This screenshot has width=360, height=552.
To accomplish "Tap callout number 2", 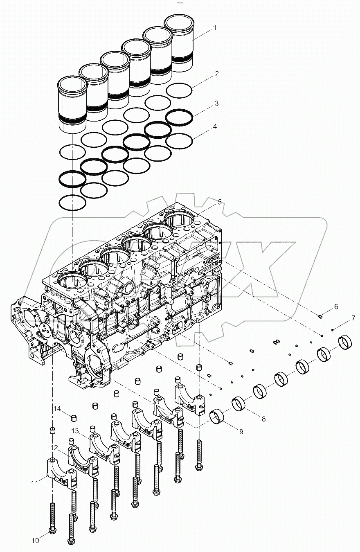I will pos(216,74).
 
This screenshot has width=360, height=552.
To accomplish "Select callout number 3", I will pos(216,104).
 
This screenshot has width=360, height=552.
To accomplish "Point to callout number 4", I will pos(215,127).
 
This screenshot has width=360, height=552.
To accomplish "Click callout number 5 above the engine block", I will pos(220,202).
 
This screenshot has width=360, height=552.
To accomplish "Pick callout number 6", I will pos(336,306).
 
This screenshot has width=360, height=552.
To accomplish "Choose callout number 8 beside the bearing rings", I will pos(263,419).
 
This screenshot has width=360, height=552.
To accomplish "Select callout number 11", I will pos(35,483).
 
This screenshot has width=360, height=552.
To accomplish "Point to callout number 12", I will pos(54,448).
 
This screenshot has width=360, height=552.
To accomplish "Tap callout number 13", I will pos(74,431).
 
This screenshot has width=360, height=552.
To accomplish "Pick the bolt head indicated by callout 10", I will pos(52,530).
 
